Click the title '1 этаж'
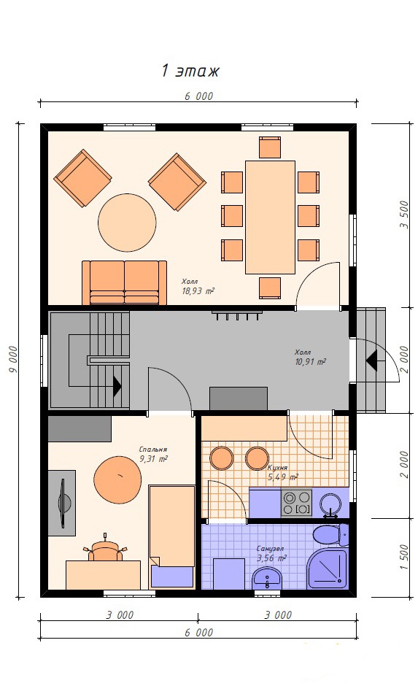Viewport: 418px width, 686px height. coord(190,71)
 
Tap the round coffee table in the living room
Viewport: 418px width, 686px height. coord(127,223)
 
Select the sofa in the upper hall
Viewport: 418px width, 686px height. coord(125,282)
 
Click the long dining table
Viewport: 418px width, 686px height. coord(270,217)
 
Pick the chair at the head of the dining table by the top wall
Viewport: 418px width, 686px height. coord(270,147)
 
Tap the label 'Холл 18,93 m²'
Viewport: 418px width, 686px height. coord(198,287)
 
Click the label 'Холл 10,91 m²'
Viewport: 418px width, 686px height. coord(310,357)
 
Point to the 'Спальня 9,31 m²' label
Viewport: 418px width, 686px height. coord(153,455)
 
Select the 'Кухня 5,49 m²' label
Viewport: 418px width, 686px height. coord(282,472)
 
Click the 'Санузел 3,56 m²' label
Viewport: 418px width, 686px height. coord(271,553)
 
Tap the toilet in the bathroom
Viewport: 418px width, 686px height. coord(331,535)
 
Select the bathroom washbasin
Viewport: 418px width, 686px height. coord(267,579)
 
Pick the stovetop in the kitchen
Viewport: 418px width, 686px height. coord(296,502)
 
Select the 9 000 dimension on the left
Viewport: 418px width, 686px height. coord(12,359)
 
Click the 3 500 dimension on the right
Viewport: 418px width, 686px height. coord(404,215)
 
